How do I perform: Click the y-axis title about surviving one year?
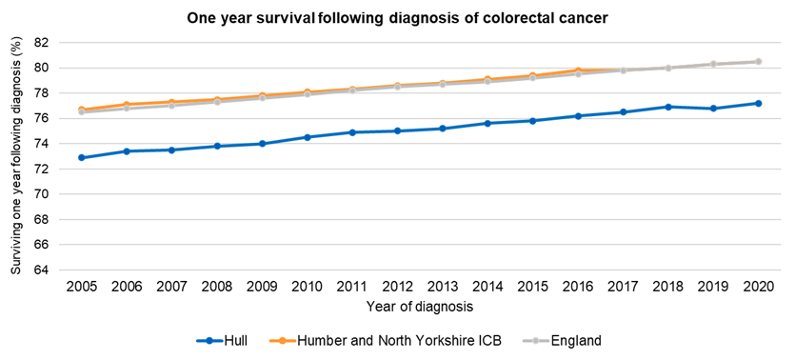[x=16, y=157]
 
